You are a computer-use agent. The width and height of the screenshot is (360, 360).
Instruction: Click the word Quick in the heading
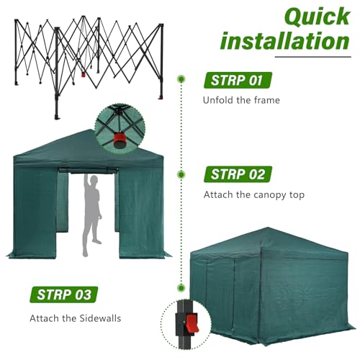318,17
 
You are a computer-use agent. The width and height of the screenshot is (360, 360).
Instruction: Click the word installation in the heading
285,41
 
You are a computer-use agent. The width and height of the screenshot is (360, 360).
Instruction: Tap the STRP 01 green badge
238,80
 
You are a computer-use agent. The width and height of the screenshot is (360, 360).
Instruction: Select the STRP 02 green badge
238,174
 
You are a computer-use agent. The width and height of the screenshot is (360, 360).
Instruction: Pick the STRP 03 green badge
64,294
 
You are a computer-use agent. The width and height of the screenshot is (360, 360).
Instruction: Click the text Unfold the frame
241,100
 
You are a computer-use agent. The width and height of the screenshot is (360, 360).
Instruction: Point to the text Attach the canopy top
254,194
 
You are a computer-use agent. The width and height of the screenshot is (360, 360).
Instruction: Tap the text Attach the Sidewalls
76,318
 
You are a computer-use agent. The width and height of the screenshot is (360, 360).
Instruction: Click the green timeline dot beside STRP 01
181,78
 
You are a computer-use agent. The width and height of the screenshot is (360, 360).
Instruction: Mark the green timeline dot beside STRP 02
181,174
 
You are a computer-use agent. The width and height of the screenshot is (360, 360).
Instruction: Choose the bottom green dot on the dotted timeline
181,287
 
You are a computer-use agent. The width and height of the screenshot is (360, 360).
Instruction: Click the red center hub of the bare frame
84,75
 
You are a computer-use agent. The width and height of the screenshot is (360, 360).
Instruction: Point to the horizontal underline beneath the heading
313,57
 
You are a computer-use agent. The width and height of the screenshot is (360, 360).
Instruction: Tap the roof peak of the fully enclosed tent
268,228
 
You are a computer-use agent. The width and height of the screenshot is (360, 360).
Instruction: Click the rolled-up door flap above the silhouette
88,171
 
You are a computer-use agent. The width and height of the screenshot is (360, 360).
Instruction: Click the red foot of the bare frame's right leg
160,97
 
